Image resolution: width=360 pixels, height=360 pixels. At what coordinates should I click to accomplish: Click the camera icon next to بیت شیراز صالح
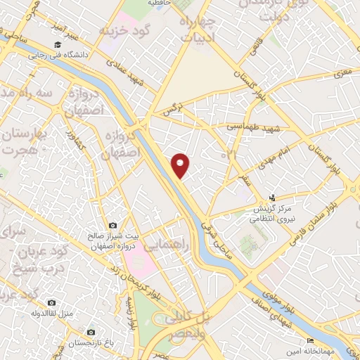112,226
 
